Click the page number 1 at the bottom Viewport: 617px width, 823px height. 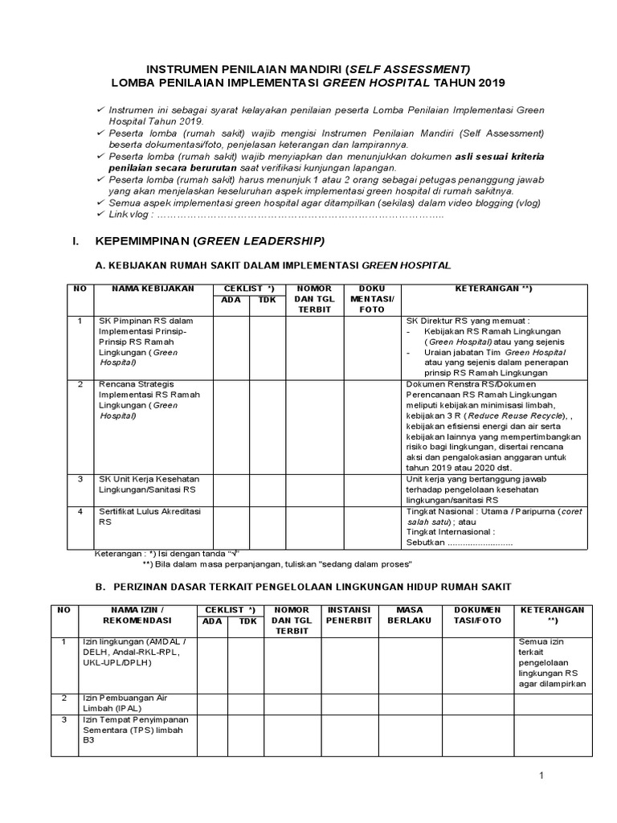[541, 776]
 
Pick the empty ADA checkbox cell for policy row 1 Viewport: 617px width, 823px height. [231, 346]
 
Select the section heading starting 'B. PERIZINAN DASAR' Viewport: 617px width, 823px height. [302, 588]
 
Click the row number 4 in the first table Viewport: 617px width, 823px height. [80, 510]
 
